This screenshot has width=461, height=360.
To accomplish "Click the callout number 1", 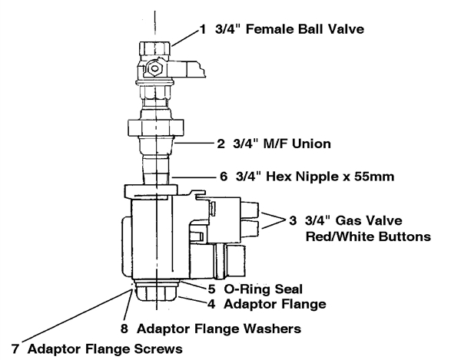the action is [203, 29].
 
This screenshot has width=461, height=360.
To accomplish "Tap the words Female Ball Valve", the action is [305, 29].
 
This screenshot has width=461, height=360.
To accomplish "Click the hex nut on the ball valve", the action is [154, 69].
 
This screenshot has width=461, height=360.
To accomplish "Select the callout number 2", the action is [221, 144].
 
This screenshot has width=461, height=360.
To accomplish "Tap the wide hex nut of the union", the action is [156, 127].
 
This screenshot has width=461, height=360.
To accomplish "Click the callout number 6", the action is [224, 177].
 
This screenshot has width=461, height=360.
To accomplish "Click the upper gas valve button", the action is [250, 210].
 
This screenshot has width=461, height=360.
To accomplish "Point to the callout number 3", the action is [293, 220].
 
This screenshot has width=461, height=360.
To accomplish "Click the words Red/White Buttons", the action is [368, 236].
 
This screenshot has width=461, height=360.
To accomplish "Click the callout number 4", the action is [211, 304].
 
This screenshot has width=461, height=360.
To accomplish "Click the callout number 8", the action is [124, 329].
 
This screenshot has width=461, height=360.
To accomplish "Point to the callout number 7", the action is [15, 349].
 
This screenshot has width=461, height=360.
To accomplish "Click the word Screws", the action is [158, 349].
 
